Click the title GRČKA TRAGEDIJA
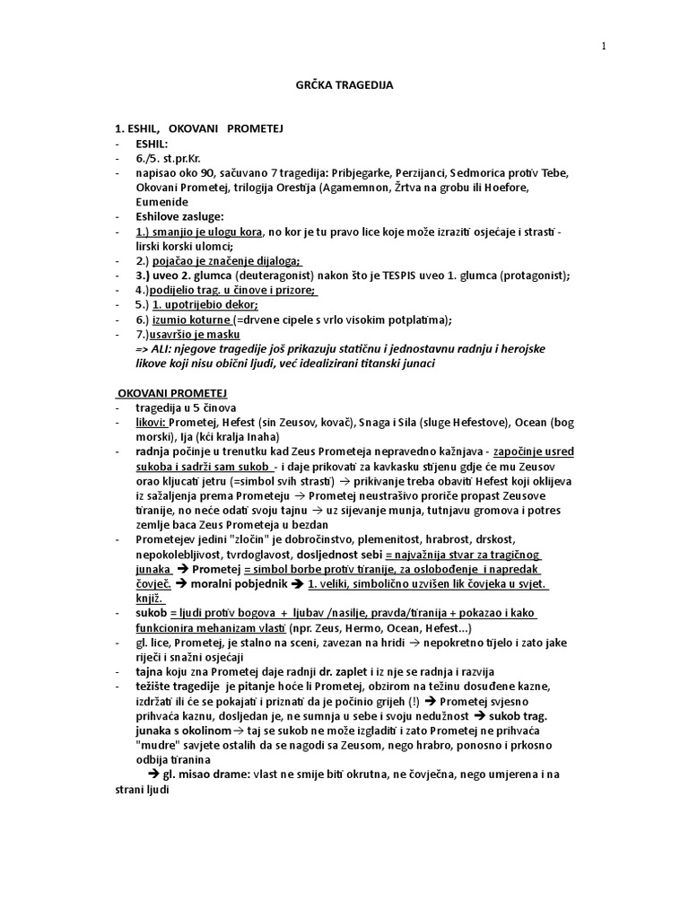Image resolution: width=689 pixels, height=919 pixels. [x=344, y=85]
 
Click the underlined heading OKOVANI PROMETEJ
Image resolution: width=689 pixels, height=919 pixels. [x=173, y=393]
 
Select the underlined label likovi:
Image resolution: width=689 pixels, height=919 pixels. [x=151, y=422]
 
